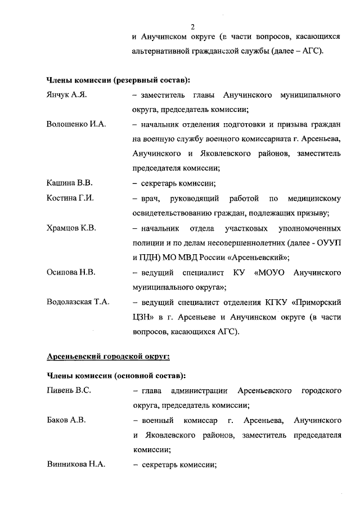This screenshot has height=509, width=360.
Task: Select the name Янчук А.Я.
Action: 66,96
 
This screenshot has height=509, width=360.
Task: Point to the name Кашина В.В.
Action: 69,183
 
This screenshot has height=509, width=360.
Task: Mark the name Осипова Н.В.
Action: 71,272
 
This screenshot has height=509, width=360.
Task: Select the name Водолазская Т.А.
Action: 78,302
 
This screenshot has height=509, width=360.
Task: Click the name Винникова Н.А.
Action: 75,465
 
